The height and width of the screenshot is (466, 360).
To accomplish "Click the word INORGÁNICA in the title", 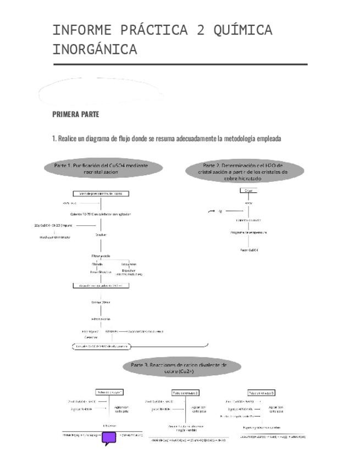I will point(95,50).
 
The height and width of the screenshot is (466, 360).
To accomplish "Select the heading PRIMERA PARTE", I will point(75,115).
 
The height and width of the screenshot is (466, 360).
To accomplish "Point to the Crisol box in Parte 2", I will point(248,190).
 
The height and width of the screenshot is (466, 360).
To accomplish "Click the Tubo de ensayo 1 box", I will point(109,392).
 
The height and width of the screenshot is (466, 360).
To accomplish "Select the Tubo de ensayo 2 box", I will point(185,393).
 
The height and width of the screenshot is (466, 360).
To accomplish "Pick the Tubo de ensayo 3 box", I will point(262,393).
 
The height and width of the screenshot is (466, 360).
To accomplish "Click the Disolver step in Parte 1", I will point(101,235).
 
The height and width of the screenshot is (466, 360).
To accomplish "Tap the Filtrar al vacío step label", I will point(101,256).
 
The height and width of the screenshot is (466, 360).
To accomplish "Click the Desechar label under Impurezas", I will point(129,270).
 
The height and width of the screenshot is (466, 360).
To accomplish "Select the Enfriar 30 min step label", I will point(101,302).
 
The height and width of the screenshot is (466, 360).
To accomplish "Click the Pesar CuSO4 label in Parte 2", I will point(249,250).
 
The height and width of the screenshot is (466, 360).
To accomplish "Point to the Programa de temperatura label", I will point(248,232).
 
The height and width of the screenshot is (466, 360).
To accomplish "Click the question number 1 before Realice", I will point(53,139).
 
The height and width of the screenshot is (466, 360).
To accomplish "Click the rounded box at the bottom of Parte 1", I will point(101,346).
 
